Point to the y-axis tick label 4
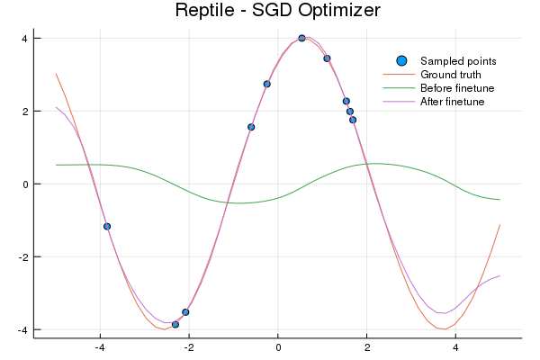[25, 39]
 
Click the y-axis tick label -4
[23, 330]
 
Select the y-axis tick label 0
[25, 184]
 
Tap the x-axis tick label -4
[100, 347]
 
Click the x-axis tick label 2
[367, 347]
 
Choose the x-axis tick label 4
[455, 347]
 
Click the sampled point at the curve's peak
[301, 39]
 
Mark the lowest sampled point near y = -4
[175, 324]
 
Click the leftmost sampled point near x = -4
[107, 226]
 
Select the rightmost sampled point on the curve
[353, 120]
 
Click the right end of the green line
[499, 200]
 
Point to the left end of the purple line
[56, 107]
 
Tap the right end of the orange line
[499, 225]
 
